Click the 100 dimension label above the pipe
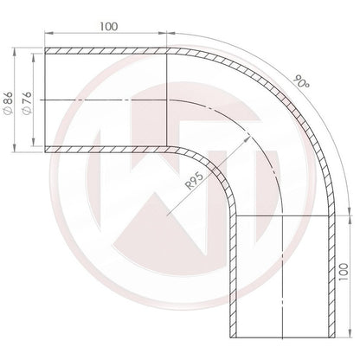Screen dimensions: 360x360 109,27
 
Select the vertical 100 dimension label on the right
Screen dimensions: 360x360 344,272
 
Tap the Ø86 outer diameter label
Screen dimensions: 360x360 9,103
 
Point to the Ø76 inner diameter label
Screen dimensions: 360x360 27,103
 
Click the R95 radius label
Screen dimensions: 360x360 195,180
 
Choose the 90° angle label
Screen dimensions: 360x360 302,81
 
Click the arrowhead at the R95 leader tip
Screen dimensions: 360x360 247,138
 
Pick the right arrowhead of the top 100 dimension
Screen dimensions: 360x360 163,33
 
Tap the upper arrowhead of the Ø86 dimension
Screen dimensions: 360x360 14,52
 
